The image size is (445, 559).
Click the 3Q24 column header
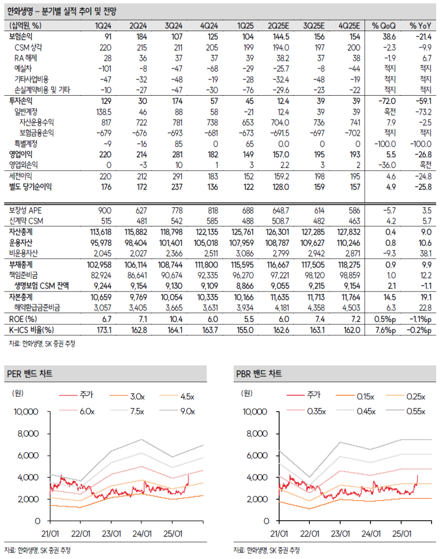(174, 26)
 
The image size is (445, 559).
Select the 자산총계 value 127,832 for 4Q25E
(348, 232)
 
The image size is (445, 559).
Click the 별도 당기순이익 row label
(30, 187)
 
